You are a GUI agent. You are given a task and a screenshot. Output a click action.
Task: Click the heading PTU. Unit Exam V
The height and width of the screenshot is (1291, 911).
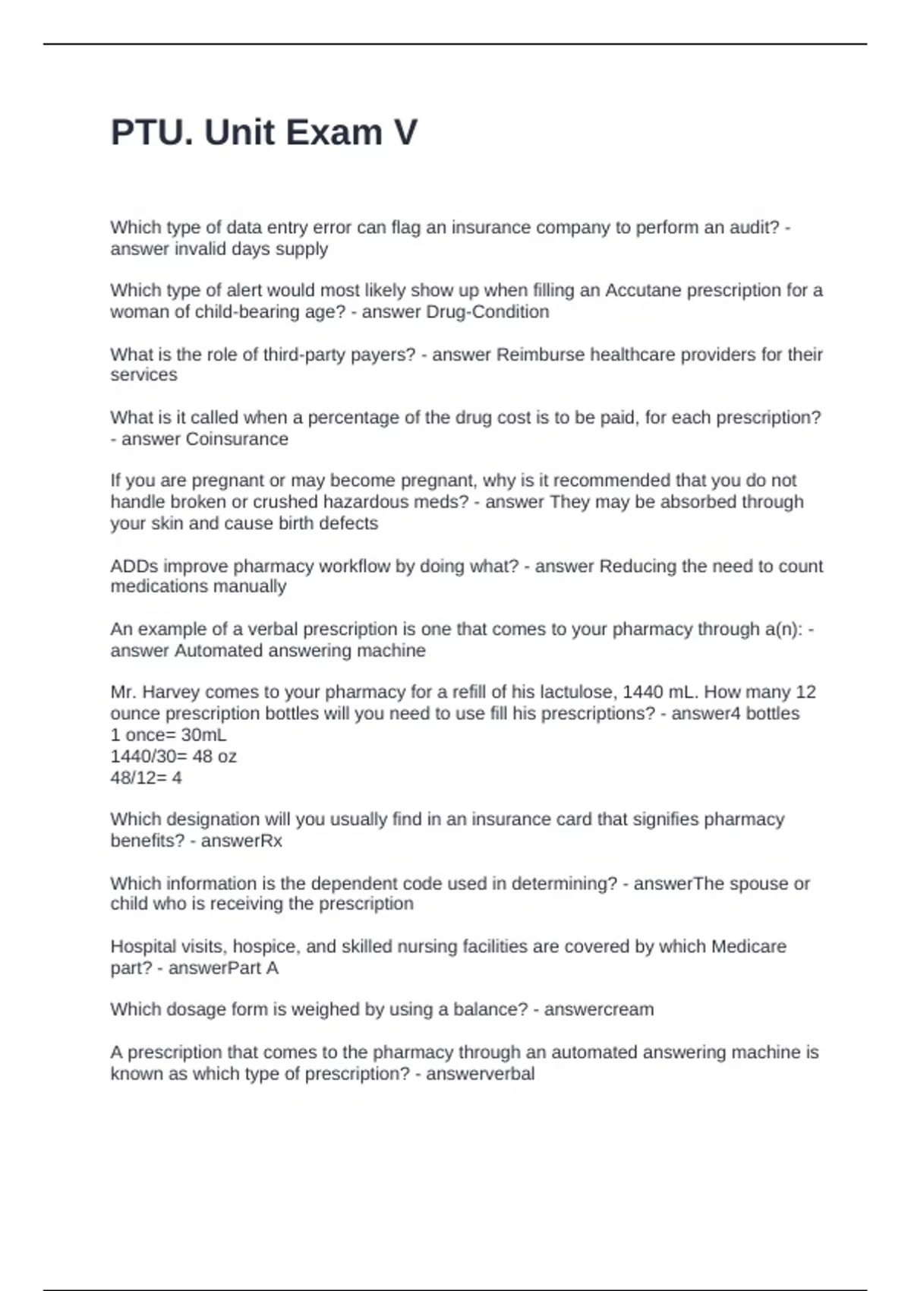point(263,132)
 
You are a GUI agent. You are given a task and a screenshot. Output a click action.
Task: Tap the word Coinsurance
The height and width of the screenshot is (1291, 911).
point(237,439)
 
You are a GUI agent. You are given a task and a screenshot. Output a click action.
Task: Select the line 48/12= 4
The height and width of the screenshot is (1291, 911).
point(146,777)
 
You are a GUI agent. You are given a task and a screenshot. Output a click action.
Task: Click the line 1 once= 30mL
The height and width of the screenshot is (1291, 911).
point(168,734)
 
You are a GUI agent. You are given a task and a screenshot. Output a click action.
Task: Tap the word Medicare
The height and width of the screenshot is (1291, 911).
point(749,946)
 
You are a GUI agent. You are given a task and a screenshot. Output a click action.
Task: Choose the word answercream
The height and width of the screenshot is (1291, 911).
point(599,1009)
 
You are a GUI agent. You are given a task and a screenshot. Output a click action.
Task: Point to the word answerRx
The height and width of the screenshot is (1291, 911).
point(241,841)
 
